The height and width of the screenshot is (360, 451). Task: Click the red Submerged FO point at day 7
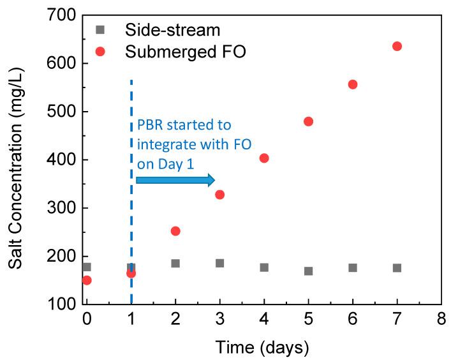pyautogui.click(x=397, y=46)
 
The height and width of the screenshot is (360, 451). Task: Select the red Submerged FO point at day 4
pyautogui.click(x=264, y=158)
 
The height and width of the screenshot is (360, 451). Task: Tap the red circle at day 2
pyautogui.click(x=175, y=231)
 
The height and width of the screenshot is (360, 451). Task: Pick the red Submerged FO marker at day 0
pyautogui.click(x=87, y=280)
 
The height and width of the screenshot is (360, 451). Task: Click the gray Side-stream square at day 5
pyautogui.click(x=308, y=271)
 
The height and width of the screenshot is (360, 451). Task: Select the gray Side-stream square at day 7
pyautogui.click(x=397, y=268)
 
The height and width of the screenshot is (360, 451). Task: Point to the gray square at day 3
pyautogui.click(x=219, y=263)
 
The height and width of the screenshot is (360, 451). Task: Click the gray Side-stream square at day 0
pyautogui.click(x=87, y=267)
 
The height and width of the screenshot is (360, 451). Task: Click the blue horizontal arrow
pyautogui.click(x=175, y=181)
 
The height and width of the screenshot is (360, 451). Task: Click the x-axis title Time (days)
pyautogui.click(x=263, y=347)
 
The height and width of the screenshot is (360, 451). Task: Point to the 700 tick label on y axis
pyautogui.click(x=62, y=15)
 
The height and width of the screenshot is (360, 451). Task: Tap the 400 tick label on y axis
pyautogui.click(x=62, y=160)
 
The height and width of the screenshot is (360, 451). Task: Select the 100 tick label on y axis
pyautogui.click(x=62, y=304)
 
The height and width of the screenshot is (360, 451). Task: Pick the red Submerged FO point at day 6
pyautogui.click(x=353, y=84)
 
